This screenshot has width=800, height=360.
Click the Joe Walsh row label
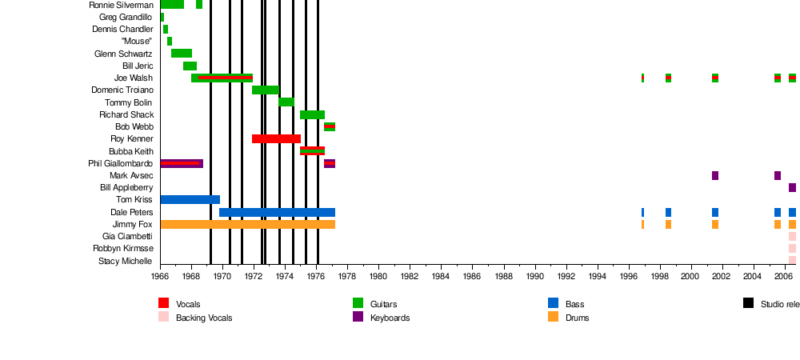pyautogui.click(x=134, y=78)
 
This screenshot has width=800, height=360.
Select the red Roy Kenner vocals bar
pyautogui.click(x=276, y=139)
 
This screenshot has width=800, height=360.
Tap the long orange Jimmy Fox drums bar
pyautogui.click(x=247, y=225)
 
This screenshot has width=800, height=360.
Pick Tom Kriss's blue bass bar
pyautogui.click(x=190, y=200)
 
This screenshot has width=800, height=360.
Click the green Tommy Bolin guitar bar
pyautogui.click(x=286, y=102)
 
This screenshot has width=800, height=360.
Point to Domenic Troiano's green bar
pyautogui.click(x=266, y=90)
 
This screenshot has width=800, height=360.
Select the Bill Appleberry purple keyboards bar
pyautogui.click(x=792, y=188)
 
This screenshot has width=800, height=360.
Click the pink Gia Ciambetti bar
pyautogui.click(x=792, y=237)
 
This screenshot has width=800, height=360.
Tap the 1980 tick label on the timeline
pyautogui.click(x=378, y=277)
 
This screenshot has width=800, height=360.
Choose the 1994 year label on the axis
pyautogui.click(x=598, y=277)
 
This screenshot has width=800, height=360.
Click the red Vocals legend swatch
pyautogui.click(x=164, y=303)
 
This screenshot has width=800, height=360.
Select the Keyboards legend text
pyautogui.click(x=390, y=318)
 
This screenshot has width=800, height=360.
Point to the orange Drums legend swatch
pyautogui.click(x=554, y=317)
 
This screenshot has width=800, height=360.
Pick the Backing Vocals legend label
pyautogui.click(x=204, y=318)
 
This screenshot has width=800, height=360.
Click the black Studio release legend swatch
pyautogui.click(x=749, y=303)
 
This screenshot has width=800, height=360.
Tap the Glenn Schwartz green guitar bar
pyautogui.click(x=182, y=54)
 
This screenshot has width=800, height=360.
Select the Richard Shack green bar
pyautogui.click(x=312, y=115)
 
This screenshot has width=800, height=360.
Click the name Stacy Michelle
pyautogui.click(x=126, y=262)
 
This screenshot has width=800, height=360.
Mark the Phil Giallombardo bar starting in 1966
pyautogui.click(x=182, y=164)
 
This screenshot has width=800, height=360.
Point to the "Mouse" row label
pyautogui.click(x=137, y=42)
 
